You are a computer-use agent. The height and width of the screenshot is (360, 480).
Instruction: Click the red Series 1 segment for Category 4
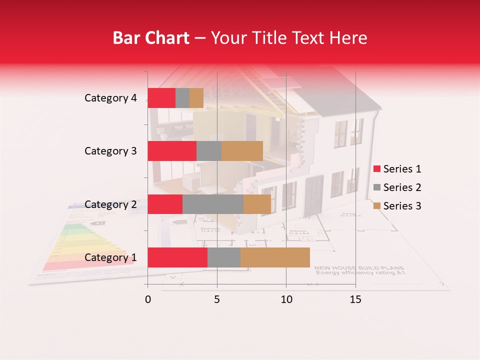click(x=161, y=98)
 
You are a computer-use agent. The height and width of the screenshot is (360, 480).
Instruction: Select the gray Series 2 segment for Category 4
click(x=182, y=98)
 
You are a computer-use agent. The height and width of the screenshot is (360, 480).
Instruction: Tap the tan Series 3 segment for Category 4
click(x=196, y=98)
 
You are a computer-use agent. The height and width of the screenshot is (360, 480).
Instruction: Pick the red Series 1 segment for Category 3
click(x=172, y=151)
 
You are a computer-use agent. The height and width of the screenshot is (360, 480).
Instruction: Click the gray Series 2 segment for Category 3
click(x=209, y=151)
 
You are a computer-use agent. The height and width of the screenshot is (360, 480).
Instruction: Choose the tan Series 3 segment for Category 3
click(x=242, y=151)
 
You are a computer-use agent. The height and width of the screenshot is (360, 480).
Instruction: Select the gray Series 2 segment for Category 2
click(x=213, y=204)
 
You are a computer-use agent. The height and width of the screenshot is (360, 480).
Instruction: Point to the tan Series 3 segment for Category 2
click(x=257, y=204)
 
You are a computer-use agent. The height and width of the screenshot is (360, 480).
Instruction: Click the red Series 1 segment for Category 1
click(x=177, y=257)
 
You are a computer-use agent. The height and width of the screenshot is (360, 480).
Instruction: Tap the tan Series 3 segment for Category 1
click(x=275, y=257)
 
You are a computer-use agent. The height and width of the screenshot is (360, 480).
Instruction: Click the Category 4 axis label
click(x=110, y=98)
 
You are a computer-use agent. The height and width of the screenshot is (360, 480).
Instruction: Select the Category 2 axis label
click(x=110, y=204)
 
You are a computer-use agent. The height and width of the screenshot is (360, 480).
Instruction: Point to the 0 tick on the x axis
click(x=148, y=299)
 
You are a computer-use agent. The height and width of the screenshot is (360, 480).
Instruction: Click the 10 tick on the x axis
click(x=286, y=299)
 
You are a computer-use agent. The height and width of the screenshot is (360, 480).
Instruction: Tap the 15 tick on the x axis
click(x=355, y=299)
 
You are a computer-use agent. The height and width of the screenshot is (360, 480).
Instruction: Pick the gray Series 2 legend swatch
click(x=376, y=187)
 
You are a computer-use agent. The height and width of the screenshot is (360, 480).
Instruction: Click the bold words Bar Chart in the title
click(x=151, y=38)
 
